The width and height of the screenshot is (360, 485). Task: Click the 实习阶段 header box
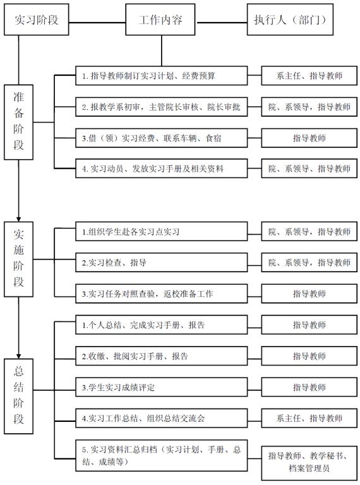pos(36,20)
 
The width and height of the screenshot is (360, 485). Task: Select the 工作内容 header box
pos(160,20)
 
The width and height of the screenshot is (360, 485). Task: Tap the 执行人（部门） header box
pos(290,20)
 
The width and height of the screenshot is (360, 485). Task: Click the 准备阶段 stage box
pos(18,122)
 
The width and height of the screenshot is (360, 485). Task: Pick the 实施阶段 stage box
pos(18,259)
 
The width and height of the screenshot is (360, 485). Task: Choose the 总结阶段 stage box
pos(18,396)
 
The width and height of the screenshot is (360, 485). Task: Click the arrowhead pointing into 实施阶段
pos(18,219)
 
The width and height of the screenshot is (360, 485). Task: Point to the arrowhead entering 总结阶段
pos(18,356)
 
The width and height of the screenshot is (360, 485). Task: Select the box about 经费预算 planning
pos(162,76)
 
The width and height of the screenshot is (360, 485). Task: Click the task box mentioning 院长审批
pos(162,107)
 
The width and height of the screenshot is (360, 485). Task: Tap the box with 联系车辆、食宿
pos(162,138)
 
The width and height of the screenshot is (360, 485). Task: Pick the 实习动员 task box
pos(162,169)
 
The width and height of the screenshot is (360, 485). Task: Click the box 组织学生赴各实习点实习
pos(162,231)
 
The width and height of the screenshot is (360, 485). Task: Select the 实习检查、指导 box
pos(162,263)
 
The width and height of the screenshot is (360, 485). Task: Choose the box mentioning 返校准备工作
pos(162,294)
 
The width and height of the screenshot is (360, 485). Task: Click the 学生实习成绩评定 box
pos(162,387)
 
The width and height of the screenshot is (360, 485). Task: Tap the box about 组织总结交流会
pos(162,418)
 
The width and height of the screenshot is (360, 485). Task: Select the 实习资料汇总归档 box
pos(162,455)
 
